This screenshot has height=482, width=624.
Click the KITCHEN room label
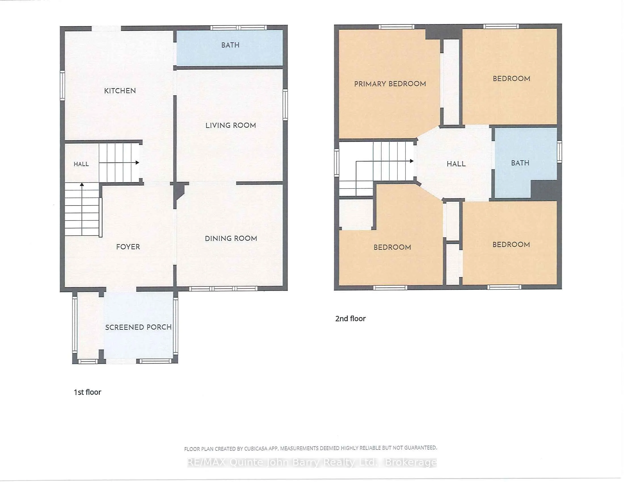click(120, 91)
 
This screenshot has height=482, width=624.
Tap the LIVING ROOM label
click(231, 125)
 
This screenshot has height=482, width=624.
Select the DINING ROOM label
click(231, 238)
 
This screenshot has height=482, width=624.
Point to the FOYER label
click(128, 247)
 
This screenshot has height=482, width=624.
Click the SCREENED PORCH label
click(138, 327)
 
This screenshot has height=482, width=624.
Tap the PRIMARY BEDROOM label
click(390, 84)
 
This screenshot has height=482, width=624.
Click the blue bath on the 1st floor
click(230, 48)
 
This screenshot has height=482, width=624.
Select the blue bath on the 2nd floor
click(526, 163)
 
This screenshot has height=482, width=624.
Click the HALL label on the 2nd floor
click(456, 164)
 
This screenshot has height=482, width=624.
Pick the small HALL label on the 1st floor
click(81, 164)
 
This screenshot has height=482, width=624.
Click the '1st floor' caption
click(87, 392)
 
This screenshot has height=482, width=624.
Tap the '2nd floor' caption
click(350, 318)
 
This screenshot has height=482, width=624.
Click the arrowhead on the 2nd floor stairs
click(412, 161)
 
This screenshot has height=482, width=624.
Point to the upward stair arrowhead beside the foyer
click(82, 185)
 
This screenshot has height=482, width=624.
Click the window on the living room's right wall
click(285, 105)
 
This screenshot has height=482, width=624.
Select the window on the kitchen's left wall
click(62, 86)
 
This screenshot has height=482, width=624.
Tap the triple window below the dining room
click(224, 289)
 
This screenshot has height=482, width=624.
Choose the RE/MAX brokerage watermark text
click(312, 462)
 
